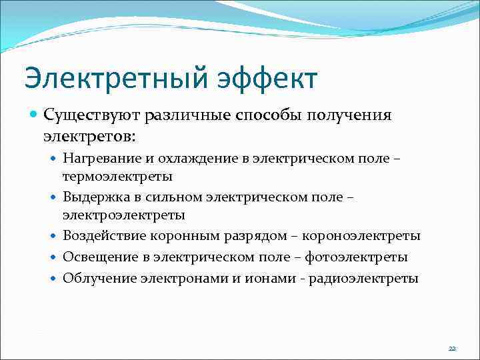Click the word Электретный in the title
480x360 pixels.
[117, 77]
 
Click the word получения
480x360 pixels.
[353, 115]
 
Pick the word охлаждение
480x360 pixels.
[189, 158]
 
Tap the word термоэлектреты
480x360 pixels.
[117, 176]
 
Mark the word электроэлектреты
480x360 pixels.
[124, 215]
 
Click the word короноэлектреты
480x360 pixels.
[361, 236]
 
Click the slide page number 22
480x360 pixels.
[452, 348]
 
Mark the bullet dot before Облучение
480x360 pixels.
[54, 278]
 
